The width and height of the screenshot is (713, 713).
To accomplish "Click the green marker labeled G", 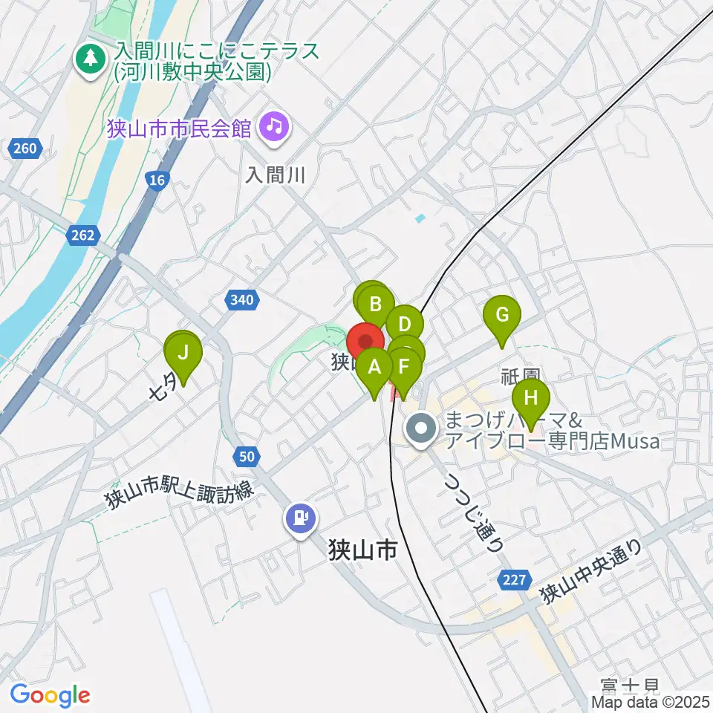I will tap(502, 315).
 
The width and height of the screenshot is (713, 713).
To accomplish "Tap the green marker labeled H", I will tap(530, 397).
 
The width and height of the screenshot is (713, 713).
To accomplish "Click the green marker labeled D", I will tap(405, 325).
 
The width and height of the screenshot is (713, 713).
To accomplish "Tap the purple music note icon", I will tap(275, 127).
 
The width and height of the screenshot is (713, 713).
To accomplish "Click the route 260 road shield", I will tap(25, 149).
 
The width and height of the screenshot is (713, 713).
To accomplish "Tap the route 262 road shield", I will tap(83, 235).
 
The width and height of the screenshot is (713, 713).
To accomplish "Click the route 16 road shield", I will tap(157, 180).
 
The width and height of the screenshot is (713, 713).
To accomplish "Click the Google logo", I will tap(50, 696).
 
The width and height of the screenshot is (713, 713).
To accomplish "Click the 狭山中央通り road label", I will tap(590, 573).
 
